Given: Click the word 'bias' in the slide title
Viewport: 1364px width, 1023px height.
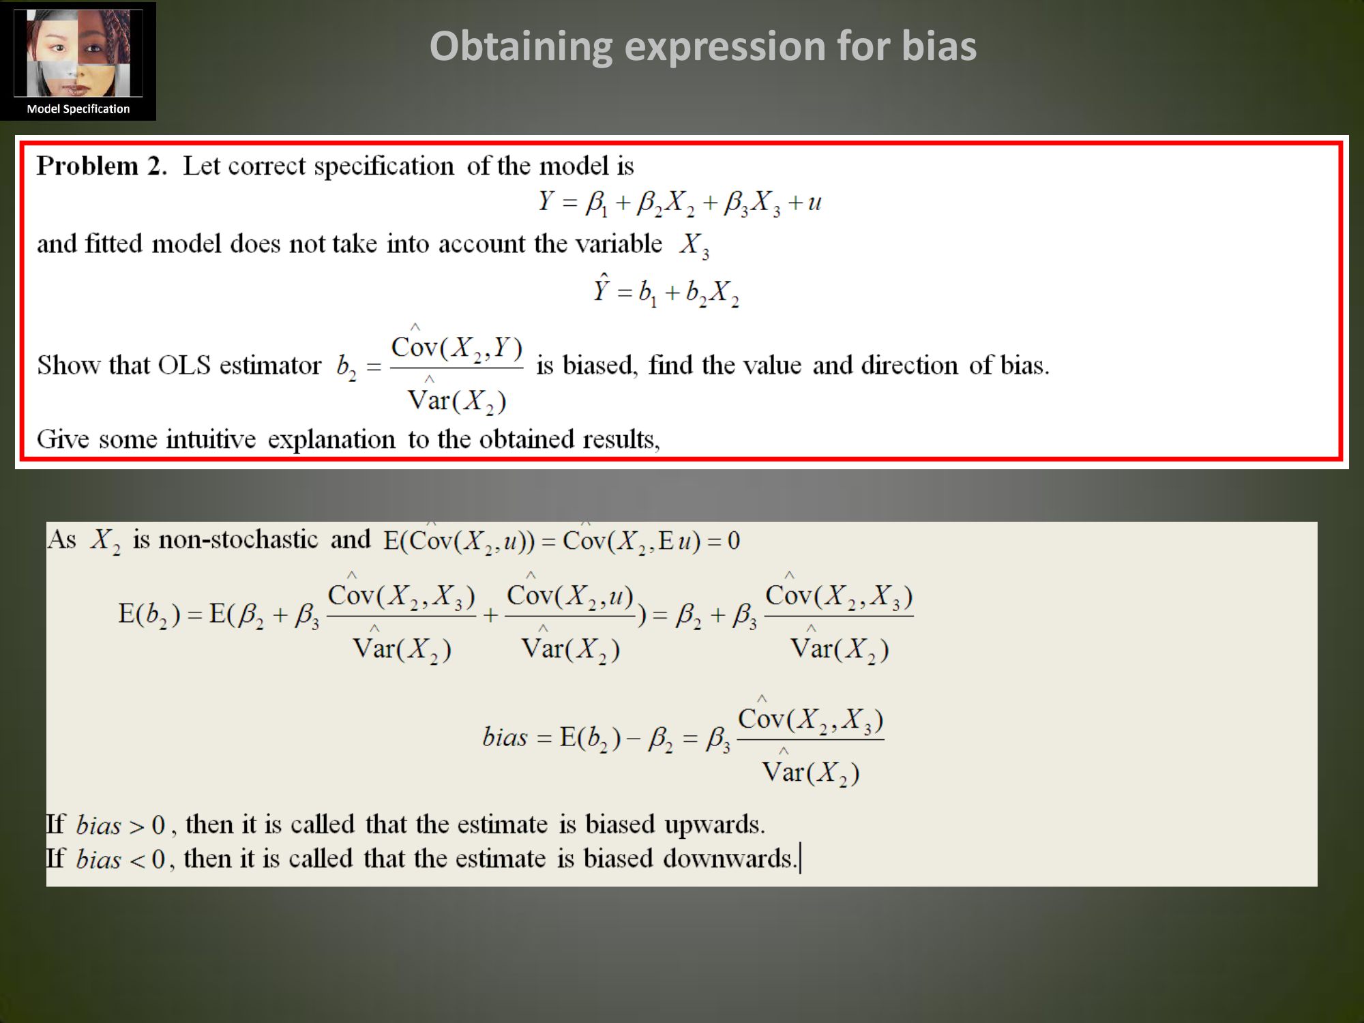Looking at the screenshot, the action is (939, 46).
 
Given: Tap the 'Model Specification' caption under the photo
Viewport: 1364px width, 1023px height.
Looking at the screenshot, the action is (78, 109).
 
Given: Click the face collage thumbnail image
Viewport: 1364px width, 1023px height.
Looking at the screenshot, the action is (78, 53).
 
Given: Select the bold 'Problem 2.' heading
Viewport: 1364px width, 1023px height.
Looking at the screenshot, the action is (102, 166).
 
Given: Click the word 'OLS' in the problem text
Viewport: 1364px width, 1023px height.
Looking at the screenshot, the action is (184, 366).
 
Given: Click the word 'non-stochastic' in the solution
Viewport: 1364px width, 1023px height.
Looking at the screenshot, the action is (238, 539).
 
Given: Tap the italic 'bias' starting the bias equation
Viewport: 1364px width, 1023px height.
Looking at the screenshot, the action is (505, 737).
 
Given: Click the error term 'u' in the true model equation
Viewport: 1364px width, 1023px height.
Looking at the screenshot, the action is (814, 203).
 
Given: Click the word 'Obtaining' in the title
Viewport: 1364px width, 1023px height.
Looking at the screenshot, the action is (521, 46).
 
